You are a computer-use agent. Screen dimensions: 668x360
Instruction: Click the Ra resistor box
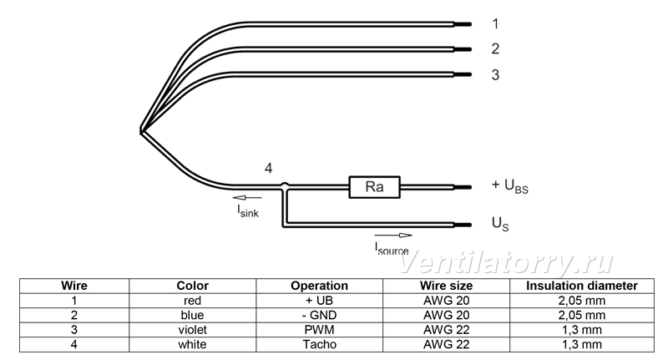tap(374, 187)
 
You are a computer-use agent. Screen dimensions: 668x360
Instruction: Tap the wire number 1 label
tap(495, 24)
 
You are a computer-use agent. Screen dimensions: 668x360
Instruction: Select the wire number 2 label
tap(495, 49)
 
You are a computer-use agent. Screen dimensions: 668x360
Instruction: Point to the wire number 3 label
tap(495, 75)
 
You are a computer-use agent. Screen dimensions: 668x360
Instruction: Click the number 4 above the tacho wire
tap(268, 169)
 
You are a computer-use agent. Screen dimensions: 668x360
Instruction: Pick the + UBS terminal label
tap(510, 186)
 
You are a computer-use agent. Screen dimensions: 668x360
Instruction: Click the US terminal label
tap(500, 224)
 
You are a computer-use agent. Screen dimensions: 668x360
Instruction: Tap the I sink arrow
tap(247, 198)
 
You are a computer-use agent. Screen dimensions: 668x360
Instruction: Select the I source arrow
tap(393, 236)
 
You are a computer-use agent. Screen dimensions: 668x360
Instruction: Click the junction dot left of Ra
tap(285, 185)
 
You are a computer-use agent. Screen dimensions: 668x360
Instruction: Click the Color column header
tap(193, 286)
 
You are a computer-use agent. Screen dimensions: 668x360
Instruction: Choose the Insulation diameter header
tap(582, 286)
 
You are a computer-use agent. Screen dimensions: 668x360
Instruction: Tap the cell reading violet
tap(193, 330)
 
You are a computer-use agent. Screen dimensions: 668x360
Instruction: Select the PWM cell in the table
tap(320, 330)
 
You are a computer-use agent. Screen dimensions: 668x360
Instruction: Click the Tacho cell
tap(320, 344)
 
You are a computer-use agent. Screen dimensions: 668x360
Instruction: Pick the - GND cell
tap(320, 315)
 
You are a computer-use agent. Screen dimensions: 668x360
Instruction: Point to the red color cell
tap(193, 301)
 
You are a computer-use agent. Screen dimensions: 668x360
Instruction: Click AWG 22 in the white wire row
tap(447, 344)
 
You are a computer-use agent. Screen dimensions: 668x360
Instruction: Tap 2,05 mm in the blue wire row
tap(582, 315)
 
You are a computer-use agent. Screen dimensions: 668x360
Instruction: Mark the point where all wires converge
tap(141, 131)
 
